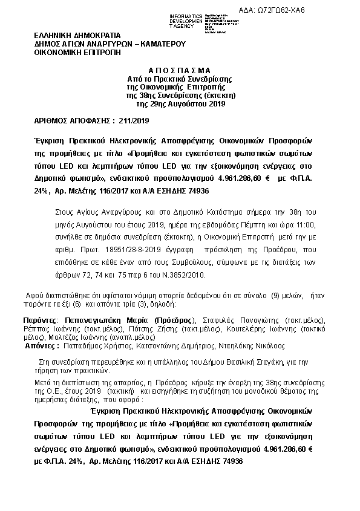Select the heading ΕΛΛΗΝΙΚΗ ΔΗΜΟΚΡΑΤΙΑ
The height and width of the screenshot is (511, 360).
(x=77, y=36)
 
